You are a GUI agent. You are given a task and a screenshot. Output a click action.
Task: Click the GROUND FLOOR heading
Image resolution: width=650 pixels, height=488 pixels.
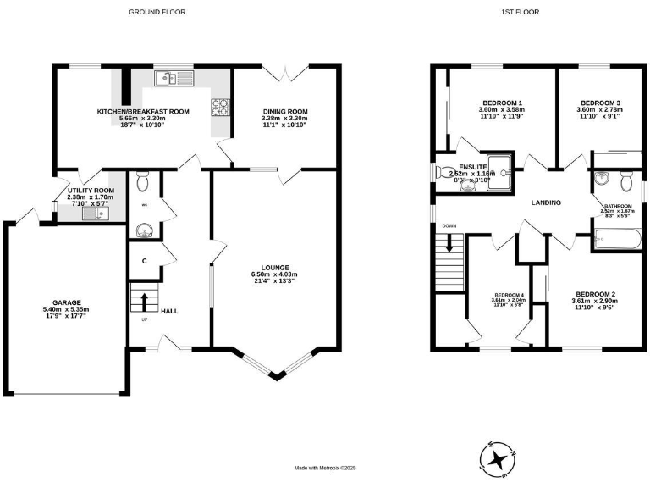tap(157, 12)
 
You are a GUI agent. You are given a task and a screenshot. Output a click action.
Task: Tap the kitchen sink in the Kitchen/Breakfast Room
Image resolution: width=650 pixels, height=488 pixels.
tap(174, 79)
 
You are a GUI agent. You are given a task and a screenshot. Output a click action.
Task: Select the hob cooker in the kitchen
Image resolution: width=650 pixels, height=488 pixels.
tap(220, 107)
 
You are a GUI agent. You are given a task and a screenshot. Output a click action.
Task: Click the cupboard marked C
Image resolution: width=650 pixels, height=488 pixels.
tap(145, 261)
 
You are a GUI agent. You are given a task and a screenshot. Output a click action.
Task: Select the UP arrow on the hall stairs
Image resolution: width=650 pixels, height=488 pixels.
tap(144, 301)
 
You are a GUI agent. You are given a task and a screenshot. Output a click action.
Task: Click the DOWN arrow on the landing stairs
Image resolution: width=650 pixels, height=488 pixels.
tap(449, 246)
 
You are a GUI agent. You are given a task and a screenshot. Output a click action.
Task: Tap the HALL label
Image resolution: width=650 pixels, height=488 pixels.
tap(169, 311)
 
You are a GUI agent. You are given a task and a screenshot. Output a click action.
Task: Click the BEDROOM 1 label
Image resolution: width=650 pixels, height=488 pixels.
tap(502, 102)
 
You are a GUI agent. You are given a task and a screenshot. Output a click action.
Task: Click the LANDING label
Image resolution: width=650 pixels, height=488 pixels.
tap(547, 203)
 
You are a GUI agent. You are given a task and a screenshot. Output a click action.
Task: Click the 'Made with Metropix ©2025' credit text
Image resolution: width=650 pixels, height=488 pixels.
tap(326, 468)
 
